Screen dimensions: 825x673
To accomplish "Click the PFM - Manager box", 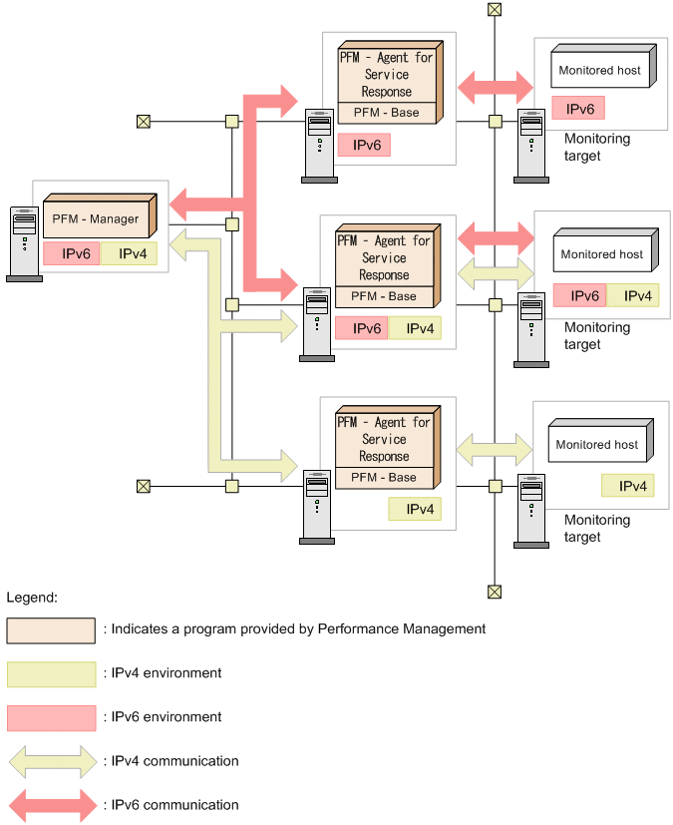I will coord(97,218).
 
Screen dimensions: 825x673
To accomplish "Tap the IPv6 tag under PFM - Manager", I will coord(71,253).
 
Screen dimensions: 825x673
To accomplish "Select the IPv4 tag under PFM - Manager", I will coord(128,253).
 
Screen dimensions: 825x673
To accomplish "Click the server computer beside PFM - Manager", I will coord(24,243).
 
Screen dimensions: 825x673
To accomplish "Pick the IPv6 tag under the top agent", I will coord(363,145).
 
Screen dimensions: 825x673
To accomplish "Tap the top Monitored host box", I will coord(599,70).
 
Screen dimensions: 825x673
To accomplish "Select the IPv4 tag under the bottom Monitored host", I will coord(628,486).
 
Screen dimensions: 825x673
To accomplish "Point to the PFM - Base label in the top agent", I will coord(386,113).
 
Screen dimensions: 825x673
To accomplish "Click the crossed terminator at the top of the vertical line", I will coord(495,10).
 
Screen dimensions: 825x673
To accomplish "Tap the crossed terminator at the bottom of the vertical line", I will coord(495,592).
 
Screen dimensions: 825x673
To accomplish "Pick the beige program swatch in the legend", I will coord(51,630).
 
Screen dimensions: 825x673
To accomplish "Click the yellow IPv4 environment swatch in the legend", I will coord(51,674).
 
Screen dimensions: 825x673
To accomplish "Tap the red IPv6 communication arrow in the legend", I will coord(51,805).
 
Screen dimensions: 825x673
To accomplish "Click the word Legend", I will coord(32,598).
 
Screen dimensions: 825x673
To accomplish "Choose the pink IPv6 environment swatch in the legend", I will coord(51,718).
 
